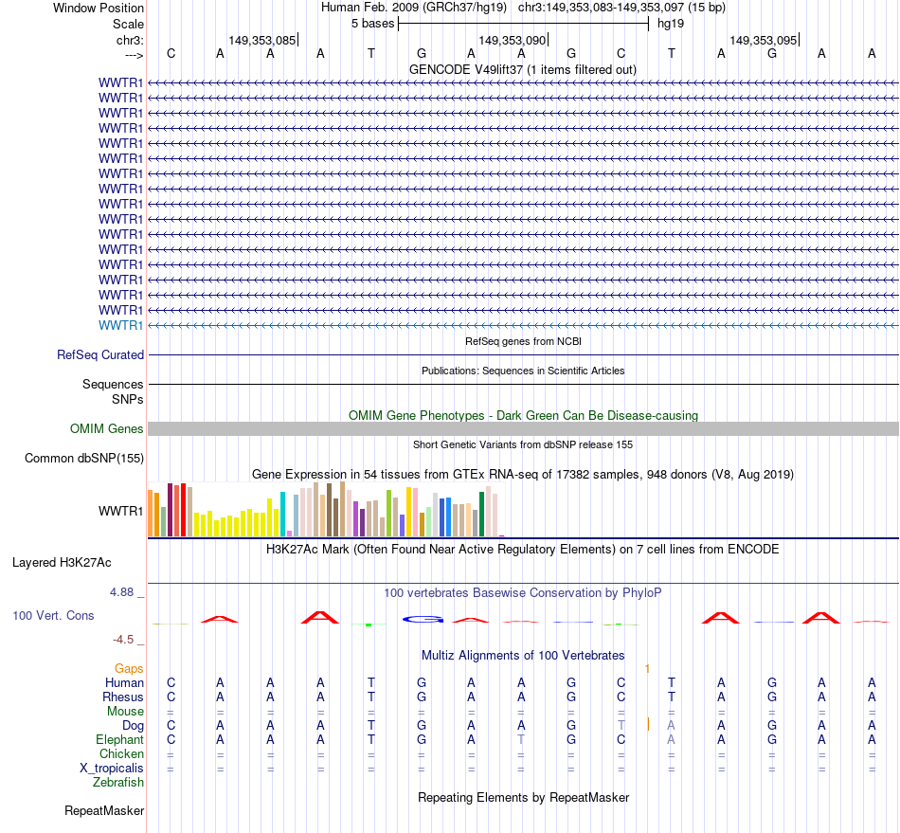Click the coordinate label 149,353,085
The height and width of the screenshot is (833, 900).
tap(261, 40)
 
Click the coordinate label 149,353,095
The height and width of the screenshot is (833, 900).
tap(763, 40)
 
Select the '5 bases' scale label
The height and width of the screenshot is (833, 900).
tap(373, 23)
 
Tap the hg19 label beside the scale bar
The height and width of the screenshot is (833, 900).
tap(671, 23)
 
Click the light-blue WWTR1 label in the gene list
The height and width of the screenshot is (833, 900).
tap(121, 325)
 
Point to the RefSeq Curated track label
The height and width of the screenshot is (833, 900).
tap(100, 354)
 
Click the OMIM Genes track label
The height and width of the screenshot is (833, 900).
tap(107, 428)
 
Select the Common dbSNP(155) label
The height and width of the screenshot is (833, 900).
tap(83, 459)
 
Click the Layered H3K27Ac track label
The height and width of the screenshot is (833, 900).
tap(62, 562)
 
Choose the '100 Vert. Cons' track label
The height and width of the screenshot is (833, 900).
tap(53, 615)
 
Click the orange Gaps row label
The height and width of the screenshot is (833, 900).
tap(129, 668)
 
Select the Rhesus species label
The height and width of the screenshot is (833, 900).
tap(123, 697)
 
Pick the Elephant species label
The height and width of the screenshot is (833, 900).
tap(119, 739)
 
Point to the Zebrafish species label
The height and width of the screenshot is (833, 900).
tap(118, 782)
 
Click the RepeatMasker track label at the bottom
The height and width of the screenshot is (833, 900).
tap(104, 810)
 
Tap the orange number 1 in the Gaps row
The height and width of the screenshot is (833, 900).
tap(647, 668)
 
